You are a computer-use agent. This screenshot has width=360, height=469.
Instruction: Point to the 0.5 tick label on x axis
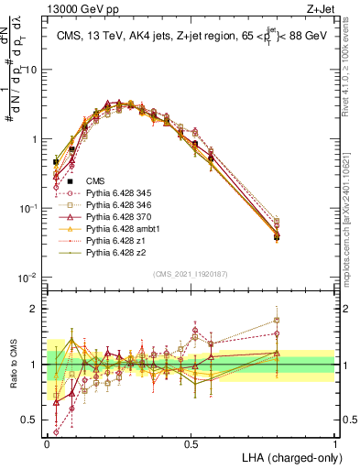point(191,442)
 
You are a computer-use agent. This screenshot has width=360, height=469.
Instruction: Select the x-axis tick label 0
point(47,442)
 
